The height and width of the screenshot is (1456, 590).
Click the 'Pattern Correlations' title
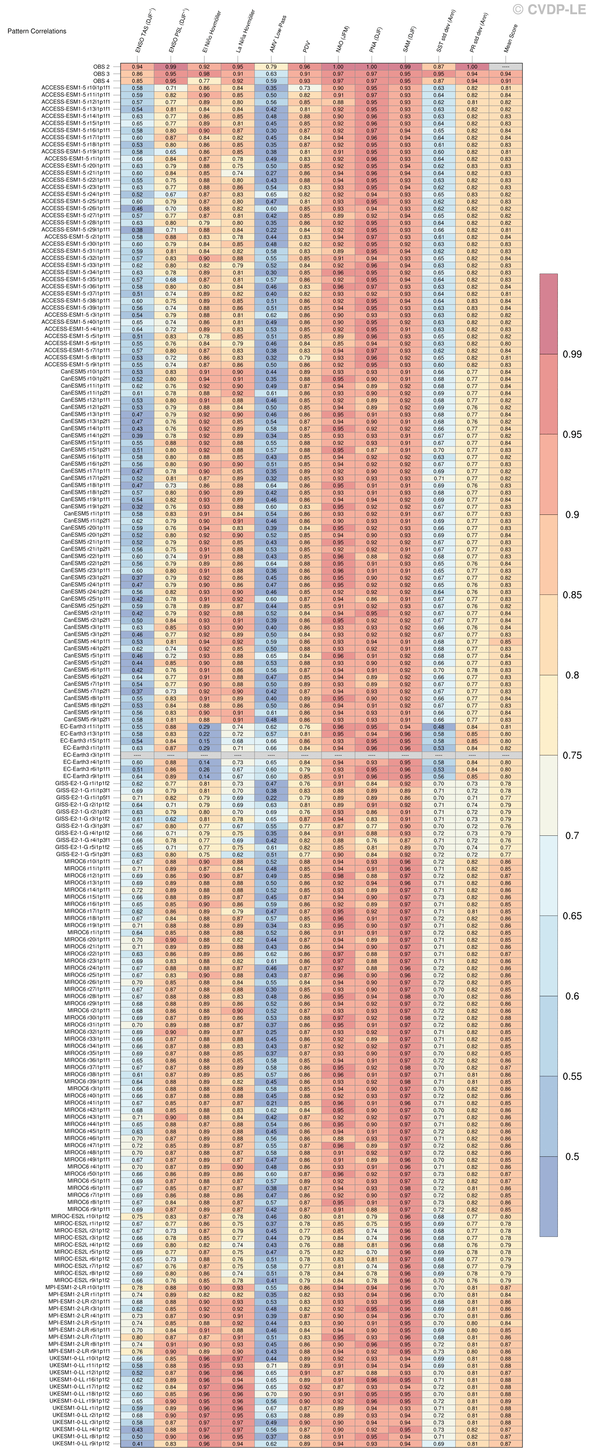37,31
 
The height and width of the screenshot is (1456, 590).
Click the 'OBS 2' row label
102,67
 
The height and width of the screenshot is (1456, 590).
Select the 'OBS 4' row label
102,81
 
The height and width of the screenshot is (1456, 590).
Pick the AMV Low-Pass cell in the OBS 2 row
271,67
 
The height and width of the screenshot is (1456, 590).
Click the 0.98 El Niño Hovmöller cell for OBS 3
205,74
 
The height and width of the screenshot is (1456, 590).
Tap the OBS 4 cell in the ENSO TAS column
137,81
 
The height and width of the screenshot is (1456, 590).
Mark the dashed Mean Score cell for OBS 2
506,67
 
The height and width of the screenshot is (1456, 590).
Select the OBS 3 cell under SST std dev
439,74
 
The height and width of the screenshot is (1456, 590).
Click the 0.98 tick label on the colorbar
572,354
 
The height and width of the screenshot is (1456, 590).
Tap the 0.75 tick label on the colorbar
572,755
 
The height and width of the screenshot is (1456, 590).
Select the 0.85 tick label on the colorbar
572,594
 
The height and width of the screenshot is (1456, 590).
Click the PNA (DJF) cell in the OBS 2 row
371,67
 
